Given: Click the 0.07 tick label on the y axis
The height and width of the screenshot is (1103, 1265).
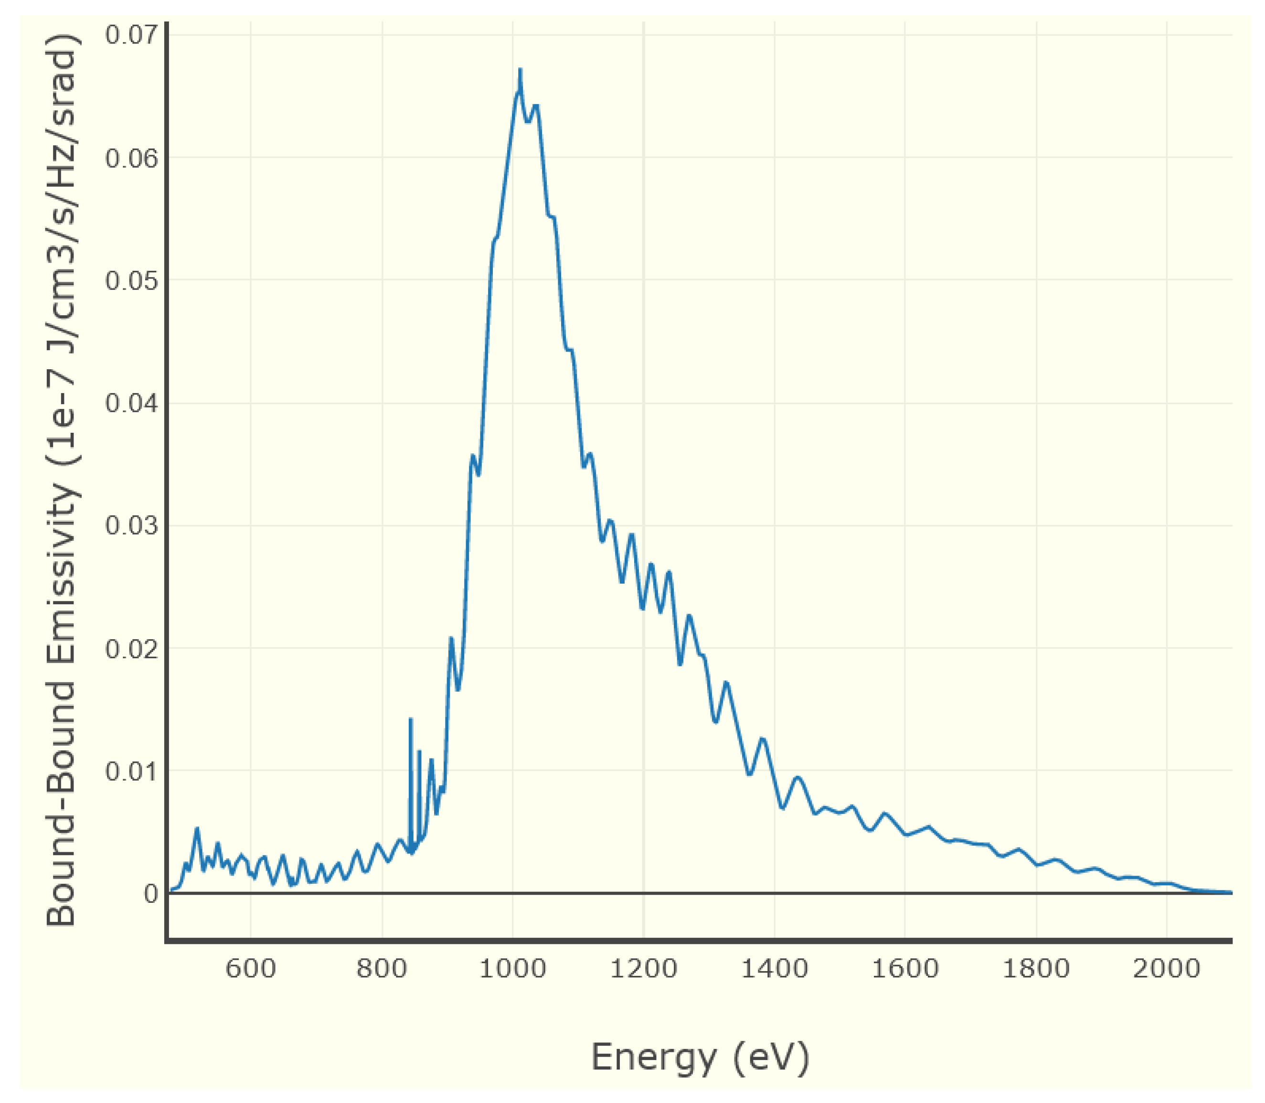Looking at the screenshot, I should click(131, 34).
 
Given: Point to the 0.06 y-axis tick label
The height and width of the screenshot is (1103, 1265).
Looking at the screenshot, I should click(131, 158).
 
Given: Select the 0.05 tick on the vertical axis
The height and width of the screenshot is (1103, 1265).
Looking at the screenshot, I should click(131, 281).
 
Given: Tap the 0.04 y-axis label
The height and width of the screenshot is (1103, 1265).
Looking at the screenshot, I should click(131, 404).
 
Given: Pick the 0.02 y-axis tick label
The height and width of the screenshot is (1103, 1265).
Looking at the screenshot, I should click(131, 649).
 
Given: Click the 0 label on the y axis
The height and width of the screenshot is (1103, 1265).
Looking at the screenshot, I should click(151, 894).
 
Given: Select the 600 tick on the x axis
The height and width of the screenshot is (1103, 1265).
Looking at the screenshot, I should click(250, 969).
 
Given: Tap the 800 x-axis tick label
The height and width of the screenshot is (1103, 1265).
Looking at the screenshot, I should click(382, 969).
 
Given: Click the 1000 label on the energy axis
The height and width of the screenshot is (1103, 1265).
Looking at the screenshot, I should click(512, 969).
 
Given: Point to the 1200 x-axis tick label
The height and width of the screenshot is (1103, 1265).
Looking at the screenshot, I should click(643, 969).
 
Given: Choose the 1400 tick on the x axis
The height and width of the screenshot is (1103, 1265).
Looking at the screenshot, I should click(774, 969).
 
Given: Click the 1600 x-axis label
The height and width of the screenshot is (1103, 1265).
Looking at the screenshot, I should click(905, 969).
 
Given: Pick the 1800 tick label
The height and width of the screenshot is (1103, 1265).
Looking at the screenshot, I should click(1036, 969).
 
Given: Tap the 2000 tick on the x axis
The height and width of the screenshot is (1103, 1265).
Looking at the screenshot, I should click(1167, 969).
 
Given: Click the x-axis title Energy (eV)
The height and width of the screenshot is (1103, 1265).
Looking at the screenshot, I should click(700, 1058).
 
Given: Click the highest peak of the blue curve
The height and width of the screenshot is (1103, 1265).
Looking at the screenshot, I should click(520, 70).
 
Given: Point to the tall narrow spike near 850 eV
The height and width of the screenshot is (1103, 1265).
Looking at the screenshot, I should click(410, 720).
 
